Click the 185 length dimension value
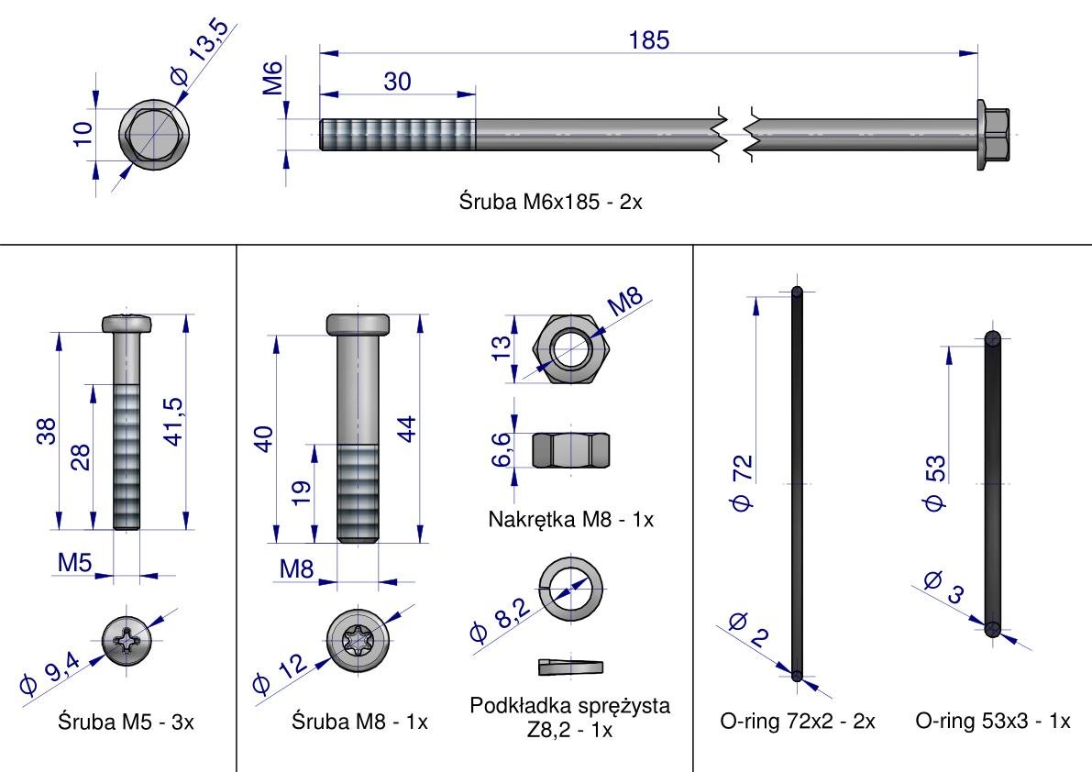(649, 40)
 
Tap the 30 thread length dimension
(397, 81)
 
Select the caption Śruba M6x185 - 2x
(550, 202)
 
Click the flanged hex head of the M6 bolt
(994, 135)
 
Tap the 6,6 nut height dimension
(502, 449)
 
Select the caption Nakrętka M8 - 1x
(570, 519)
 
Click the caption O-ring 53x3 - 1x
(992, 722)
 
